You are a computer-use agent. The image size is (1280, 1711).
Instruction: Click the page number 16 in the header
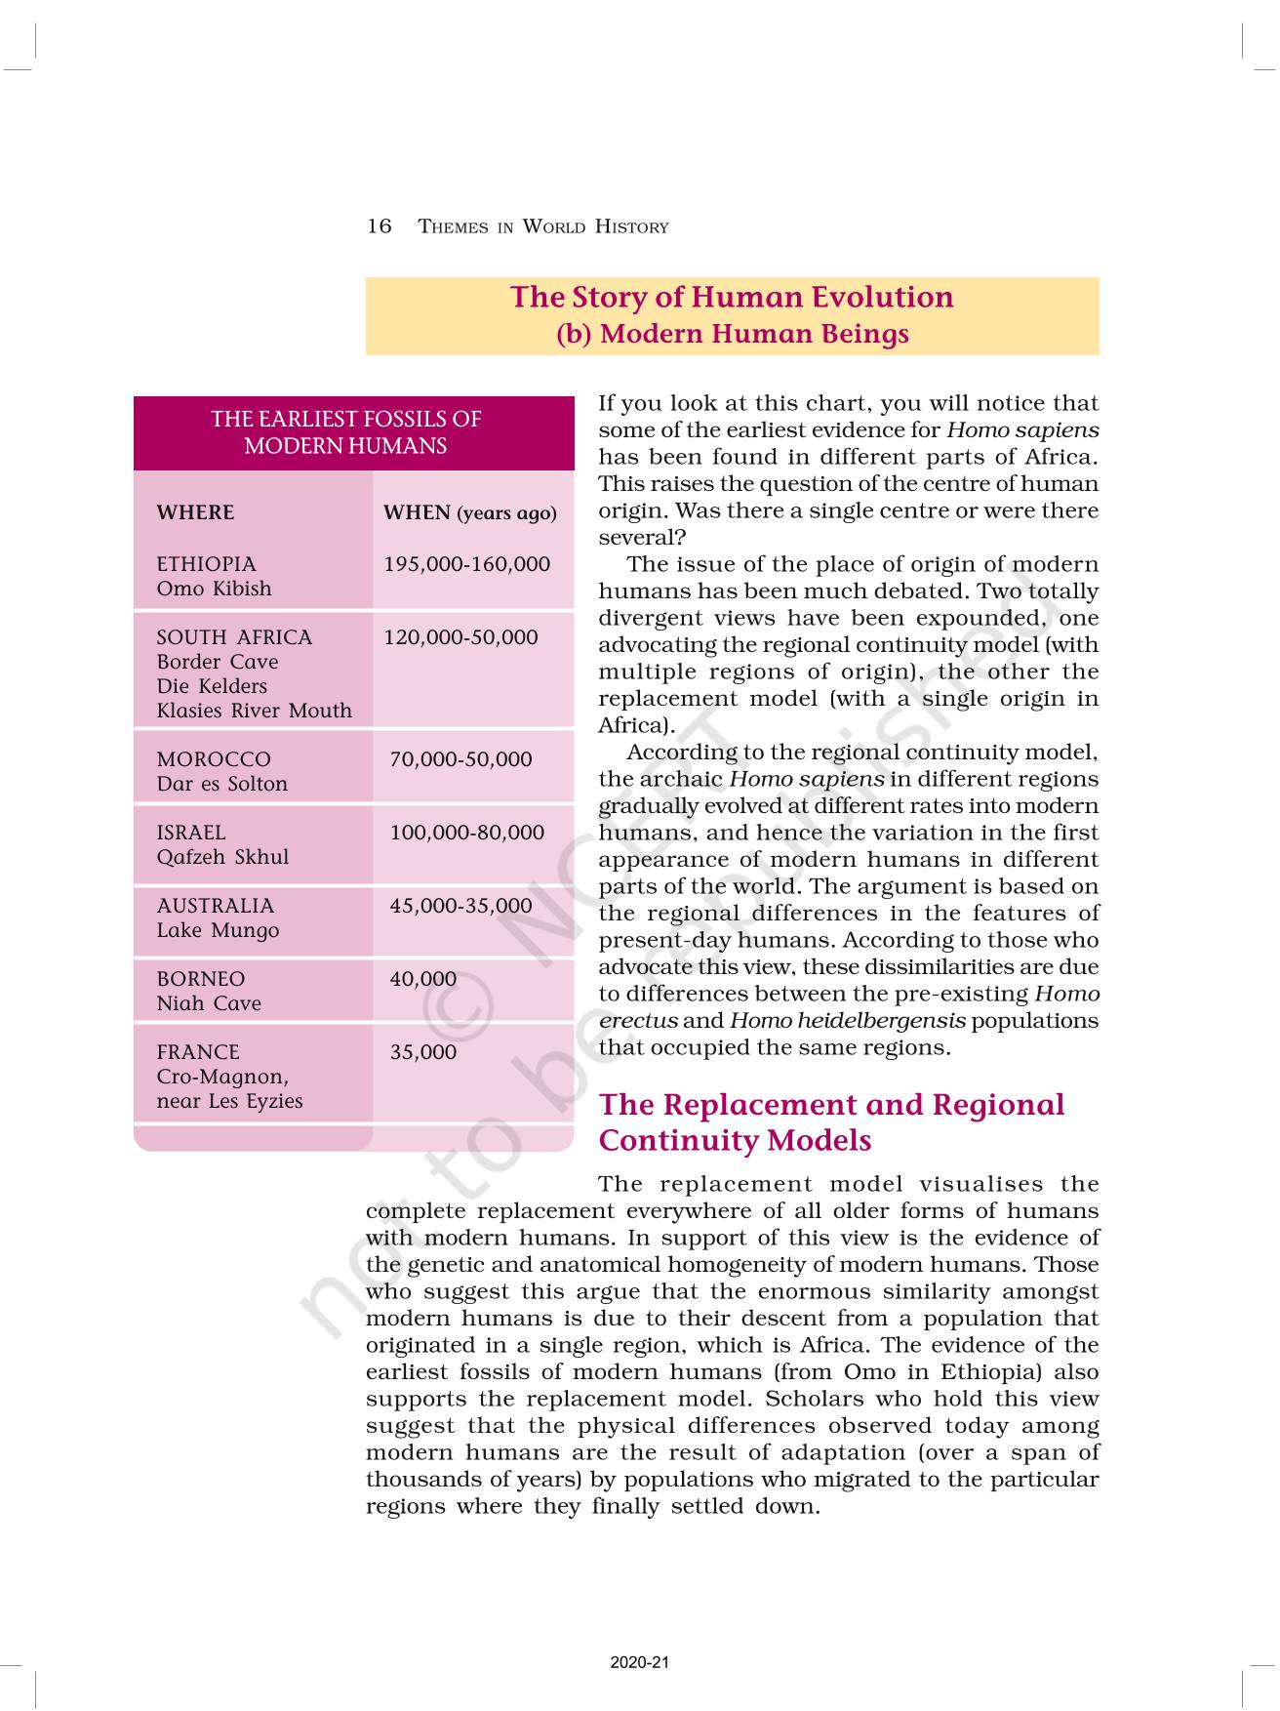[379, 226]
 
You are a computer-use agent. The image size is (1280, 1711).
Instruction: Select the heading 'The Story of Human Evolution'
[732, 297]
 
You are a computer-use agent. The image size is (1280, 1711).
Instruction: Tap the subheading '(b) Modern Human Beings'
[732, 334]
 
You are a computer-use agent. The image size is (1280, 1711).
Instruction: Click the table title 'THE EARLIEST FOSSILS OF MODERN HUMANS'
[345, 432]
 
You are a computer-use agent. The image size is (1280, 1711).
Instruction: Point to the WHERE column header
[195, 512]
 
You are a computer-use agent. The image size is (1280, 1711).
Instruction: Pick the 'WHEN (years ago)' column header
[469, 512]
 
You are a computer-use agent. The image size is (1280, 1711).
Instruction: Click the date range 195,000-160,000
[466, 564]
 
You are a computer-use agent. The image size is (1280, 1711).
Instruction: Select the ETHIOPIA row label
[206, 564]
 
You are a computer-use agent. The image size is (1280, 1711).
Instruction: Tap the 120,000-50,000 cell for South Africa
[460, 637]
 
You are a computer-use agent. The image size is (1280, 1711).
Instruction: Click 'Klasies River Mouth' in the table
[254, 711]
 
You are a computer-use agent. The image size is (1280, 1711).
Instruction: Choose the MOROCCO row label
[214, 759]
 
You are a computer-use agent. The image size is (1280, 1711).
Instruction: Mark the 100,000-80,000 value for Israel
[466, 833]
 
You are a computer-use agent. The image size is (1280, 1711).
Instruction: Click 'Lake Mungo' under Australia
[218, 930]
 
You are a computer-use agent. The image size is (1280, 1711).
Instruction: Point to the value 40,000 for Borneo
[422, 979]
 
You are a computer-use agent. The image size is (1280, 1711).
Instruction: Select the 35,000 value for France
[422, 1052]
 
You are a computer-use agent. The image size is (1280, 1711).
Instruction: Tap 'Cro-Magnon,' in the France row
[222, 1077]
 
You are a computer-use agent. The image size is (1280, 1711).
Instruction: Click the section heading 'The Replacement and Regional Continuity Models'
[831, 1122]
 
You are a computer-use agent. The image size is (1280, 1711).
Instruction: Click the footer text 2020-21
[640, 1662]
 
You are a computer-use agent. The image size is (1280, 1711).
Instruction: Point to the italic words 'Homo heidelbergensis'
[847, 1021]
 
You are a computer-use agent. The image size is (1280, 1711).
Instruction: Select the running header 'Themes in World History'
[543, 226]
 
